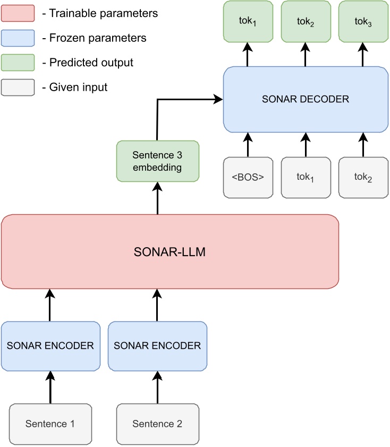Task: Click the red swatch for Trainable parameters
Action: pos(18,13)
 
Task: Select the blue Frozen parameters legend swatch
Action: pos(18,38)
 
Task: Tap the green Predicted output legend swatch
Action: pos(18,63)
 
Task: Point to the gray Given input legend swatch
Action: pos(18,87)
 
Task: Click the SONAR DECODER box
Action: pos(305,99)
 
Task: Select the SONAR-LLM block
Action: pos(170,252)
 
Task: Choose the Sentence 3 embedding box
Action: pos(157,161)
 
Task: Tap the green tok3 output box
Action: pos(363,22)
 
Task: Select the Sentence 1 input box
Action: pos(50,424)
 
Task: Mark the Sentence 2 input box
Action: pos(157,424)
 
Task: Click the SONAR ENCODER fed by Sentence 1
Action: pos(50,346)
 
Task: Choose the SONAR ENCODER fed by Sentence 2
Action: pos(157,346)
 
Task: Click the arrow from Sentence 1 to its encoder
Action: pos(50,387)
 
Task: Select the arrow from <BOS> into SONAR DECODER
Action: pos(248,145)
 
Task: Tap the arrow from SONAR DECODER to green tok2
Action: pos(305,55)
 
